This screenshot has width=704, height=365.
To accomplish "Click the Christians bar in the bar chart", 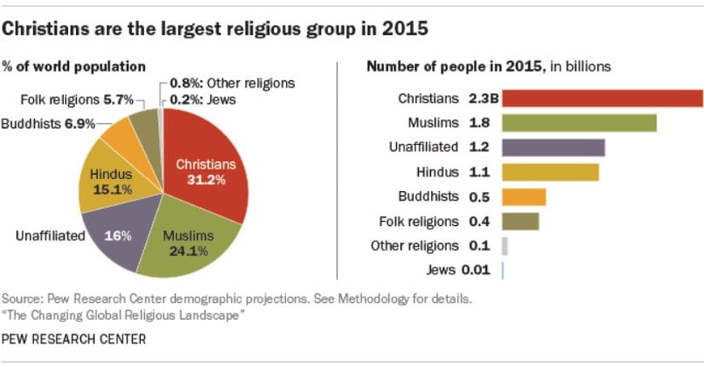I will click(602, 98).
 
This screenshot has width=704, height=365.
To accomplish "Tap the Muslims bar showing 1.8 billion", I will click(579, 123).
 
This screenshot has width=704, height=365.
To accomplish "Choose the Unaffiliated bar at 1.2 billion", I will click(554, 148).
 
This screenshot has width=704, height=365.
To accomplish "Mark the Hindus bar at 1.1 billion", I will click(550, 172).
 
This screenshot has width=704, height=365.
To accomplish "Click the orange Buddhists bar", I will click(524, 197).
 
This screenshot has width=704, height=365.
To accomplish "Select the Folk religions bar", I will click(521, 222).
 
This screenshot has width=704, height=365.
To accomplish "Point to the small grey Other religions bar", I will click(505, 246).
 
